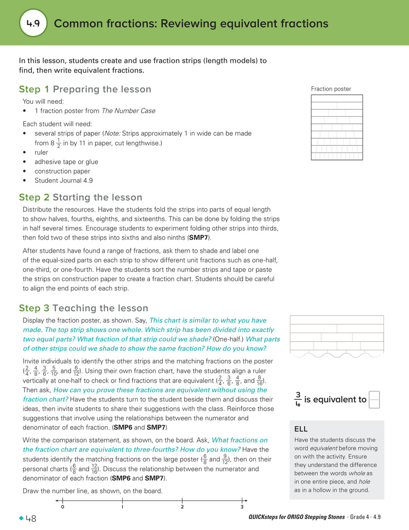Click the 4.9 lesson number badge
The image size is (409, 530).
point(33,23)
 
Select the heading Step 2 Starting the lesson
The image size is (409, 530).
point(80,197)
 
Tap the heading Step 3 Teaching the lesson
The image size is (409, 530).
point(83,308)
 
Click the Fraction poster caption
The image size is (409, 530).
point(331,89)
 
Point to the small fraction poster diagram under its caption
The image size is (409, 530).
point(337,127)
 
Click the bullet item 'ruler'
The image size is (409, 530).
point(41,152)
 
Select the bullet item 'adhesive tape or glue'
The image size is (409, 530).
point(66,162)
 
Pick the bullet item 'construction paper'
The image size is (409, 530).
point(62,172)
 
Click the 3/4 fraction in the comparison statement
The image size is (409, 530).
point(298,399)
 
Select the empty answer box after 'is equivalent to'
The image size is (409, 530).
point(374,400)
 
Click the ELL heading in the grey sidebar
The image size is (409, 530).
point(301,429)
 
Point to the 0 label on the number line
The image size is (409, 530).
point(62,507)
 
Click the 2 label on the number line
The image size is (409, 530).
point(182,507)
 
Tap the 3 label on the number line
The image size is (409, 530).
point(242,507)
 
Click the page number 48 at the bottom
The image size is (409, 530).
point(31,519)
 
